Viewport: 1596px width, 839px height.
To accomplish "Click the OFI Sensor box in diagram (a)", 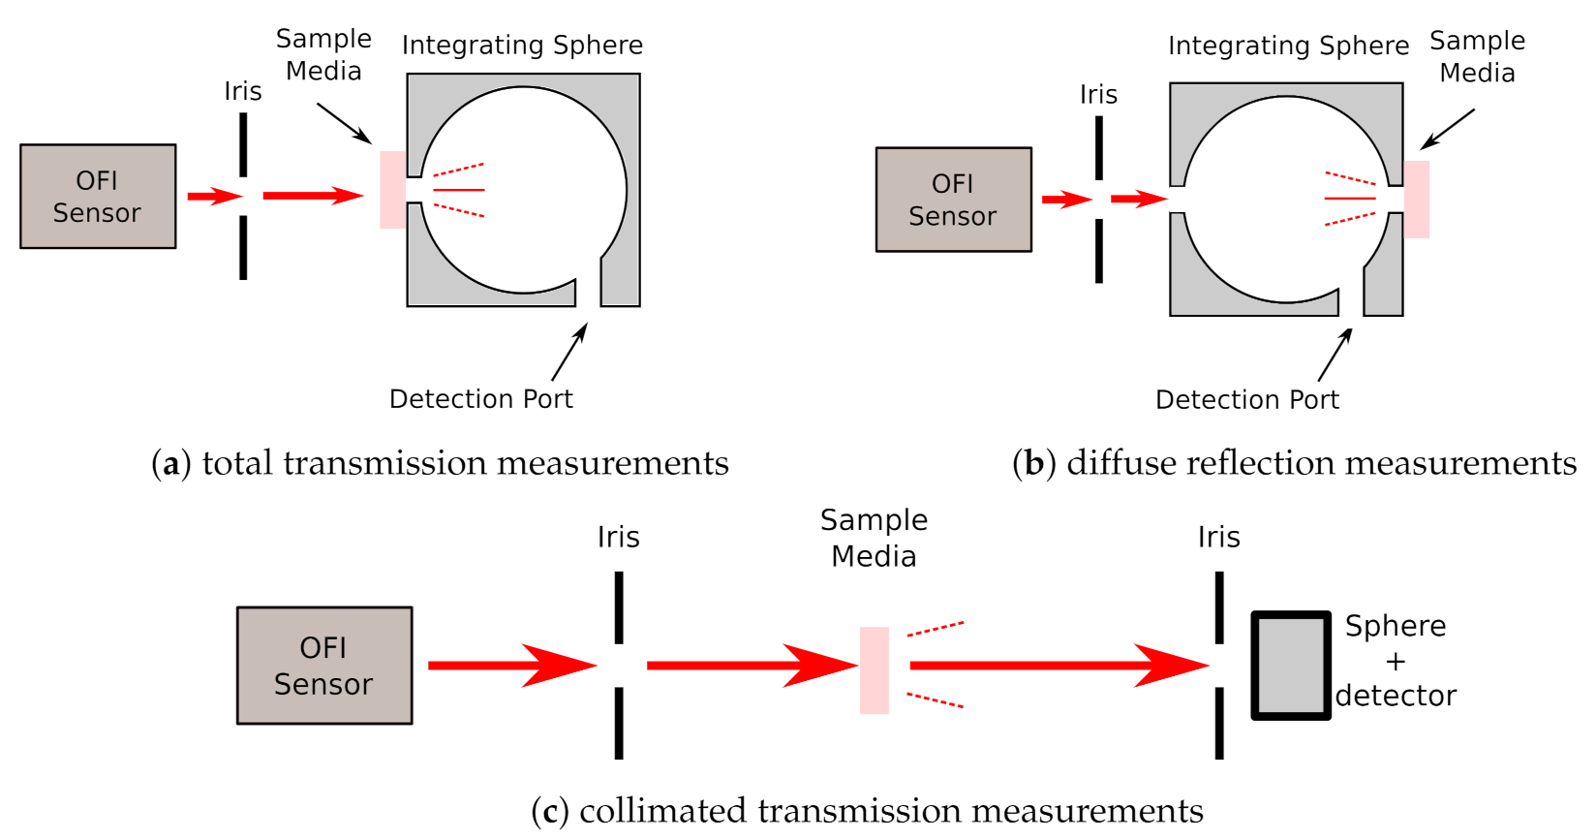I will [x=98, y=197].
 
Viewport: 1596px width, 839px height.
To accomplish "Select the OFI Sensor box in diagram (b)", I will [x=953, y=200].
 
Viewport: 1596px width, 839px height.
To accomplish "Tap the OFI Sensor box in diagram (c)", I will [x=324, y=666].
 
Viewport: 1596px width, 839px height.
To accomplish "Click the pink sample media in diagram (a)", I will [x=392, y=190].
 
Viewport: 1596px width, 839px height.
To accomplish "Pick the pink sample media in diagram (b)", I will [x=1417, y=200].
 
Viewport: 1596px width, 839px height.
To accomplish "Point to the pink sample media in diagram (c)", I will [x=874, y=670].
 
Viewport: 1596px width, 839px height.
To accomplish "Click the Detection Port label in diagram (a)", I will [x=480, y=399].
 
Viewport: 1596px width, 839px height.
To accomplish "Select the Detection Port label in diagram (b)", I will [x=1246, y=400].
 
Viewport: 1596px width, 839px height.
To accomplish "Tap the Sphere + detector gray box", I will [x=1291, y=666].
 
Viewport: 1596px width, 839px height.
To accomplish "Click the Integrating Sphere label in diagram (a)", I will [x=522, y=46].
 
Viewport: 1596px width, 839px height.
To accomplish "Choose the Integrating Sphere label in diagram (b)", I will [x=1288, y=46].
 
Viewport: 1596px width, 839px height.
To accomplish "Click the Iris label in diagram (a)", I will [x=242, y=91].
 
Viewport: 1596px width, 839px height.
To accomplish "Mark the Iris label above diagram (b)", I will [x=1098, y=95].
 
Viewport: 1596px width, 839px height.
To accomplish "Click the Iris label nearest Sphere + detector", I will [x=1218, y=537].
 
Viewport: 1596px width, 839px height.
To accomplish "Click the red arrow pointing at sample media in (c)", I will [x=752, y=666].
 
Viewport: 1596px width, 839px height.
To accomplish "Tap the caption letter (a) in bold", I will [x=170, y=465].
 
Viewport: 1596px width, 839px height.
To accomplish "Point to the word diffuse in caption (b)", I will [x=1114, y=463].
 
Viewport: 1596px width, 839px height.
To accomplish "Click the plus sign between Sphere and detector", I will [x=1395, y=662].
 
